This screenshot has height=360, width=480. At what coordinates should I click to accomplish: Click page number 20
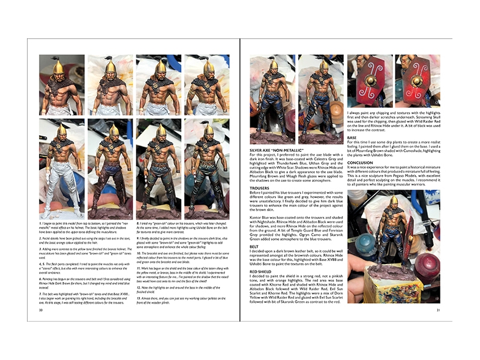(x=40, y=310)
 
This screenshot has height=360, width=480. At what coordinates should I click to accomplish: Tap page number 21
(x=439, y=310)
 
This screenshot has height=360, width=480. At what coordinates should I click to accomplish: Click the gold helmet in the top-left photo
(x=58, y=66)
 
